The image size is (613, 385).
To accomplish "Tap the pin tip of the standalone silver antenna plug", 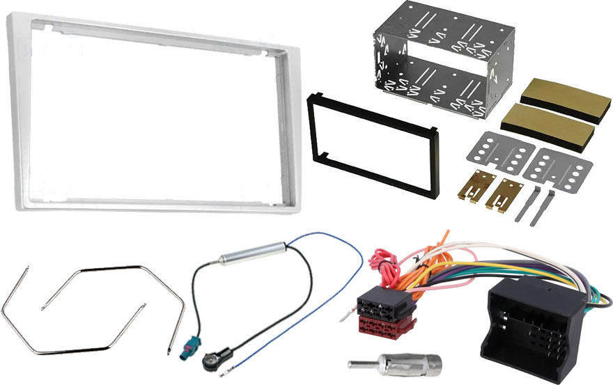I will click(x=354, y=363).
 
